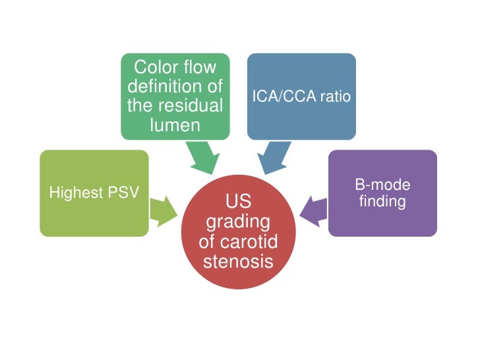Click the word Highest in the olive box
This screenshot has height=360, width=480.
tap(72, 193)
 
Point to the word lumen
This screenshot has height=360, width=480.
tap(175, 125)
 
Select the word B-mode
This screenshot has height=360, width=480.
tap(383, 185)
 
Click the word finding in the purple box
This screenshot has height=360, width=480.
tap(383, 201)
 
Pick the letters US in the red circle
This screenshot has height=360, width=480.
tap(238, 201)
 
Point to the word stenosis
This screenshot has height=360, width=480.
tap(238, 262)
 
